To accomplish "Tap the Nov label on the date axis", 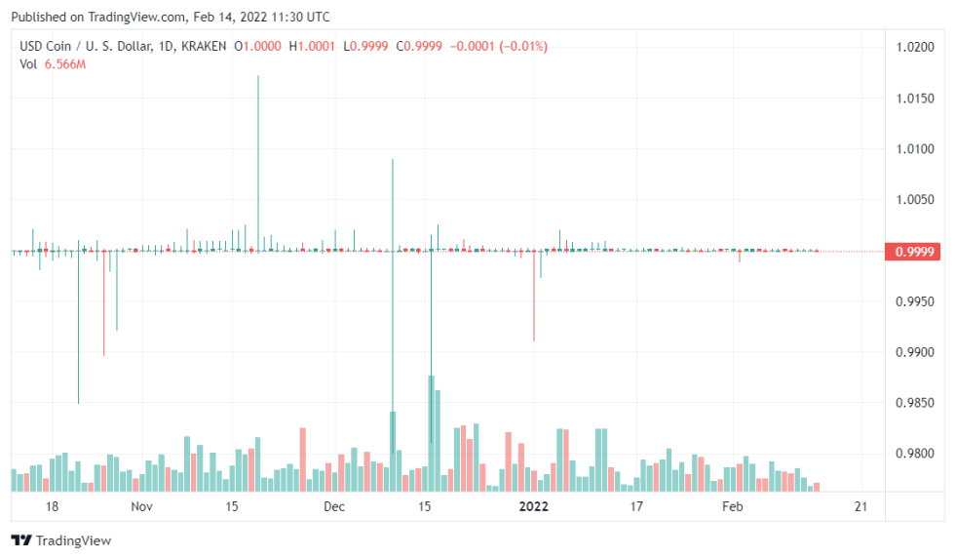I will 142,507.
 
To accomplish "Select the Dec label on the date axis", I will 334,507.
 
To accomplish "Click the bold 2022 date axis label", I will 534,507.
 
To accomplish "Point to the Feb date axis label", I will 732,507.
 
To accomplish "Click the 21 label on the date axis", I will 860,507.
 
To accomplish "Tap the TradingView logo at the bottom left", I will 60,540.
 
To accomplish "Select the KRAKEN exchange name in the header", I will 204,46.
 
